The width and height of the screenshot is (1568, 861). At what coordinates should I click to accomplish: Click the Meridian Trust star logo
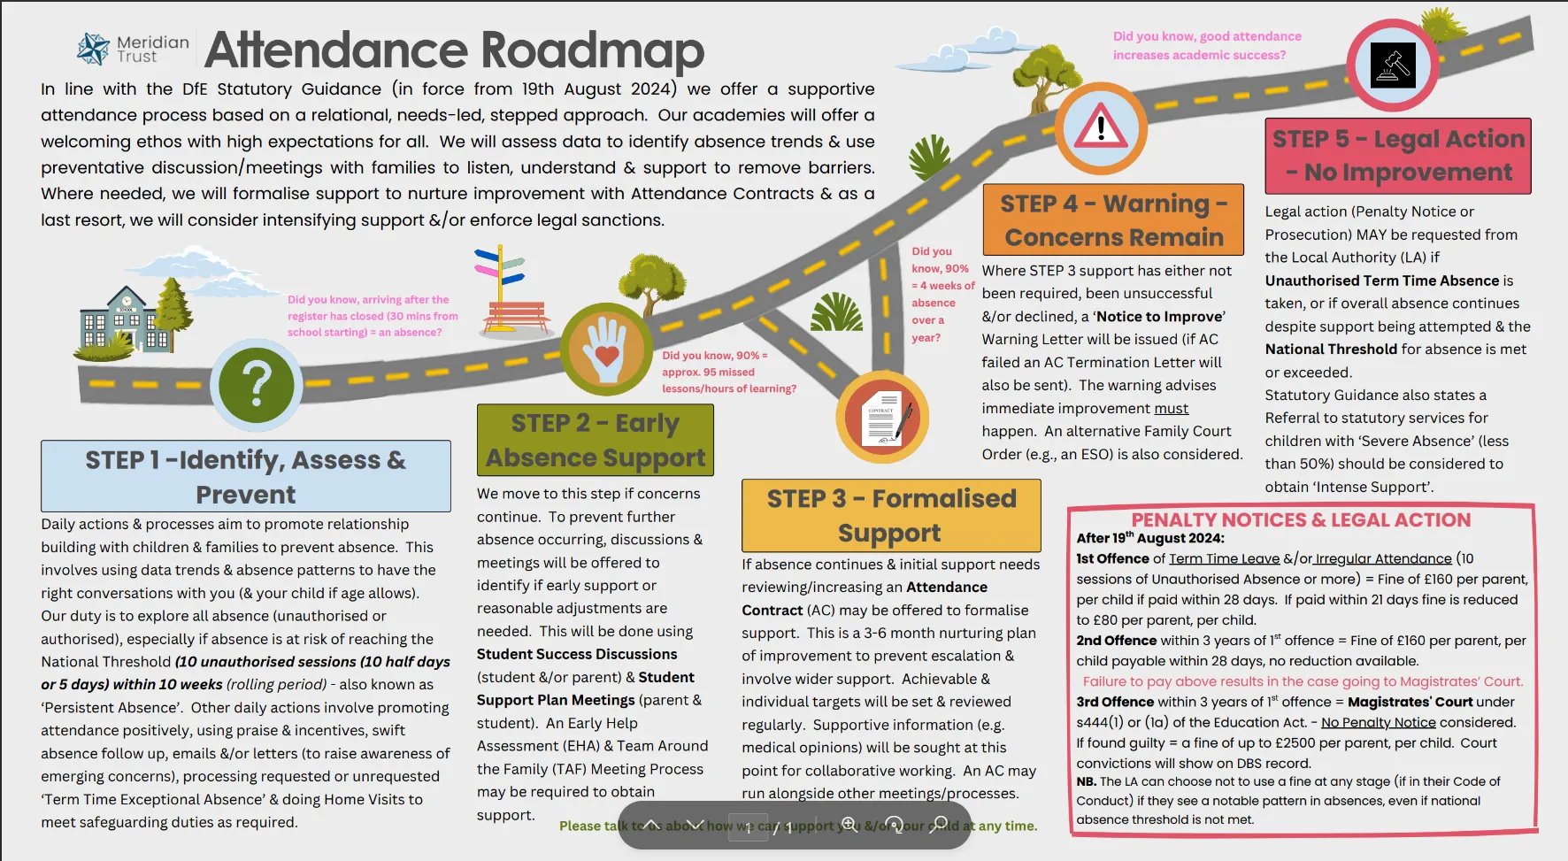[93, 49]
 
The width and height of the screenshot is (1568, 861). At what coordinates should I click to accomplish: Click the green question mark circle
[257, 385]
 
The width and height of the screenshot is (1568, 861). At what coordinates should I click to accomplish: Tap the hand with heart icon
[606, 349]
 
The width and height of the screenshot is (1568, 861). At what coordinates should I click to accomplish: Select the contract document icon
[882, 417]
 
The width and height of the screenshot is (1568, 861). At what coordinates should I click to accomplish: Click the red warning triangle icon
[1101, 128]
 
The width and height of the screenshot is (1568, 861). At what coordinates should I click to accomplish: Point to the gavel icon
[1392, 65]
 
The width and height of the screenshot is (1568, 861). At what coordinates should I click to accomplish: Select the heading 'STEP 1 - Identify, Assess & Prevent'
[246, 476]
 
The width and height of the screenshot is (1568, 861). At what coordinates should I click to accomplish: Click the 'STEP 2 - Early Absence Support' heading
[596, 440]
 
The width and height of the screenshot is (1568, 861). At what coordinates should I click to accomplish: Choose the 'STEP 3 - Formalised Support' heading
[891, 515]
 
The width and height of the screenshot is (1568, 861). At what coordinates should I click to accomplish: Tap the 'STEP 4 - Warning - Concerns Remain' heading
[1113, 219]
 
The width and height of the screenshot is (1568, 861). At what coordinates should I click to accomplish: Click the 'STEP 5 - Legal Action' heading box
[1398, 156]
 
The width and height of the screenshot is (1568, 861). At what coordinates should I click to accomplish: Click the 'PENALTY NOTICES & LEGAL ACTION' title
[1301, 519]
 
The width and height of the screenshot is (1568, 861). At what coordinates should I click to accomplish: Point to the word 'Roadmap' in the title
[592, 50]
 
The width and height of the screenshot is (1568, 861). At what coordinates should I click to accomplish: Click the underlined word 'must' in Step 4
[1171, 408]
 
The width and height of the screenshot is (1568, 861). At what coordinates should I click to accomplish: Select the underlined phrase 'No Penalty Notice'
[1378, 722]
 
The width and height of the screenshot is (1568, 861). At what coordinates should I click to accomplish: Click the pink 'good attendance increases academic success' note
[1207, 45]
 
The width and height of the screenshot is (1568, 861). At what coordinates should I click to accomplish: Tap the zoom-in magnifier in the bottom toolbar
[849, 825]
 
